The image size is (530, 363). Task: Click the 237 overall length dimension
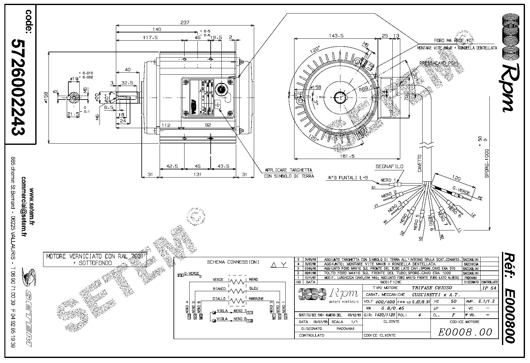coord(185,22)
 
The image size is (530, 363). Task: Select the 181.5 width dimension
coord(347,156)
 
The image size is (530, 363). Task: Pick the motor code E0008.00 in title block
coord(464,332)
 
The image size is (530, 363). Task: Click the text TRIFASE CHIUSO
coord(432,288)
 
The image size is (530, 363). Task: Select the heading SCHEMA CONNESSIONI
coord(233,262)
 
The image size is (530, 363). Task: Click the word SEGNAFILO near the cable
coord(389,166)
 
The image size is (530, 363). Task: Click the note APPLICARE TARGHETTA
coord(288,170)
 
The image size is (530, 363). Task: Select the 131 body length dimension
coord(197,175)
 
